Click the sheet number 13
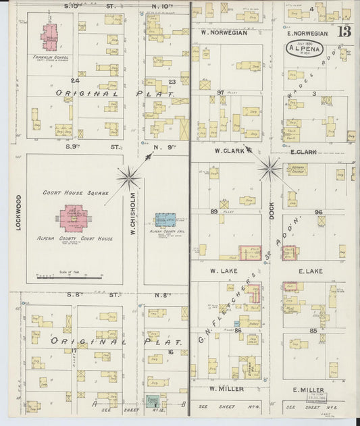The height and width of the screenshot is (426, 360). (x=344, y=32)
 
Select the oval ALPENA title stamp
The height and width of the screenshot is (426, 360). (x=305, y=49)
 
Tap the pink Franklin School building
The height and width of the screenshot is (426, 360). (x=50, y=37)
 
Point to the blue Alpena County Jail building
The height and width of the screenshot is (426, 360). (x=165, y=220)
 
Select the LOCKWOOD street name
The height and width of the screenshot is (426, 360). (x=18, y=213)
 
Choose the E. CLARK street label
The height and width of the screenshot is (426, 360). (x=302, y=152)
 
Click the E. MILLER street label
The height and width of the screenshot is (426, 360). (x=309, y=390)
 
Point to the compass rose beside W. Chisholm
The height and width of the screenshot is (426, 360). (x=128, y=178)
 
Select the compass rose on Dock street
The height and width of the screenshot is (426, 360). (x=269, y=169)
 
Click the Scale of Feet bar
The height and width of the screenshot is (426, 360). (x=71, y=275)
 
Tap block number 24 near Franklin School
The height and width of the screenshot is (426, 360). (x=76, y=80)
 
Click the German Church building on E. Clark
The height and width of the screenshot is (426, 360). (x=298, y=169)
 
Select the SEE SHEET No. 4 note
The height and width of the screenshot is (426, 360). (x=226, y=406)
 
